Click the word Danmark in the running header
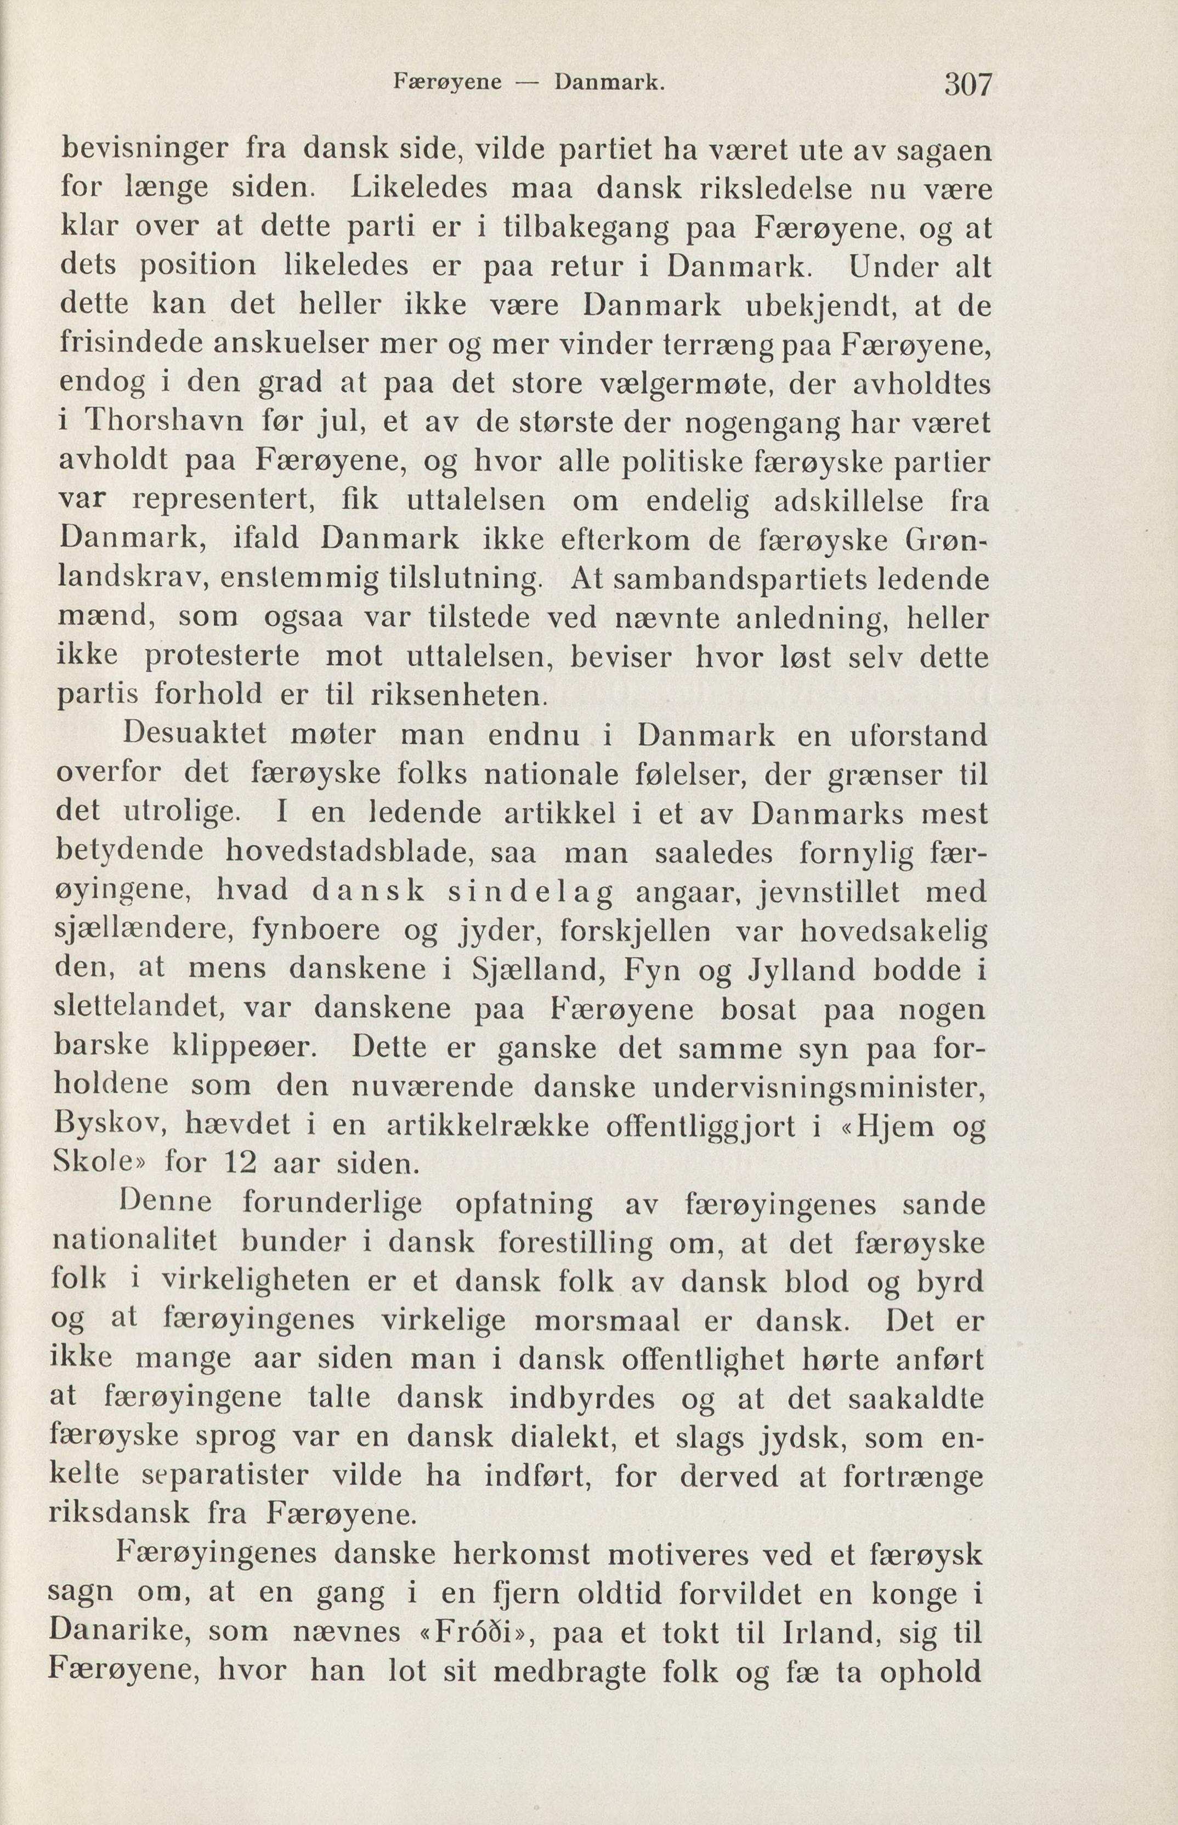pyautogui.click(x=608, y=82)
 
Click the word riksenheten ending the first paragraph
pyautogui.click(x=457, y=695)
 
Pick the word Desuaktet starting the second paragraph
pyautogui.click(x=194, y=736)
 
